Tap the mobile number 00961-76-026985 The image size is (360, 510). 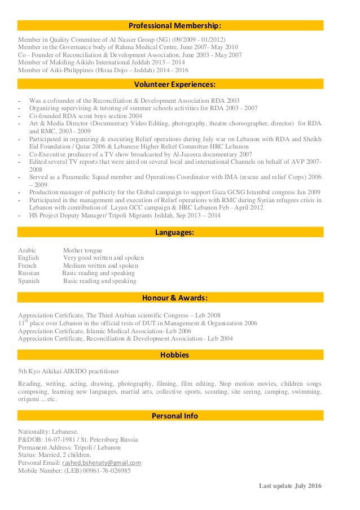pyautogui.click(x=107, y=470)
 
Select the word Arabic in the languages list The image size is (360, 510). pyautogui.click(x=27, y=250)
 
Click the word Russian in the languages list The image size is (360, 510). pyautogui.click(x=29, y=273)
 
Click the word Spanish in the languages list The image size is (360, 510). pyautogui.click(x=29, y=281)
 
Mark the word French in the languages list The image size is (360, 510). pyautogui.click(x=27, y=265)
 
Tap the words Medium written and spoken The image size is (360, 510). pyautogui.click(x=100, y=265)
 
